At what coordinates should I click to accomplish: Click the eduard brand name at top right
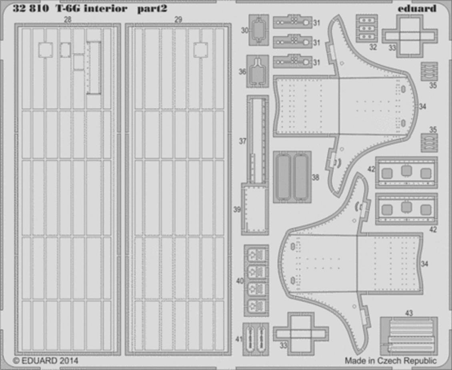pos(417,8)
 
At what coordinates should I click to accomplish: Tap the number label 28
pos(68,20)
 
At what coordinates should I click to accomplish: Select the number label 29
pos(178,20)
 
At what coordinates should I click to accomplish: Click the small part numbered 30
pos(259,30)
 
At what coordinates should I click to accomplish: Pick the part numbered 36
pos(258,72)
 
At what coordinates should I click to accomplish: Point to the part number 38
pos(315,177)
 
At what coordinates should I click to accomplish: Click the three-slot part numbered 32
pos(367,28)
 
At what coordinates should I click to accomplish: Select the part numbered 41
pos(256,339)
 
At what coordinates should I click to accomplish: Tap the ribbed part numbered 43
pos(408,336)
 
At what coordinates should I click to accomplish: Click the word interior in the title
pos(106,9)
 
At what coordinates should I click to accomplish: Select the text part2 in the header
pos(152,9)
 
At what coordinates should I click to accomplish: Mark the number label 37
pos(243,141)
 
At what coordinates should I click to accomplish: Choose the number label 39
pos(237,210)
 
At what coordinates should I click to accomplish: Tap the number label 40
pos(240,281)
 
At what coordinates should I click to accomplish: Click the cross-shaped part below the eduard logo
pos(410,36)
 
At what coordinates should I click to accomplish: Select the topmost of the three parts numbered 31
pos(292,22)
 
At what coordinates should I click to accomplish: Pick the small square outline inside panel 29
pos(201,50)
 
